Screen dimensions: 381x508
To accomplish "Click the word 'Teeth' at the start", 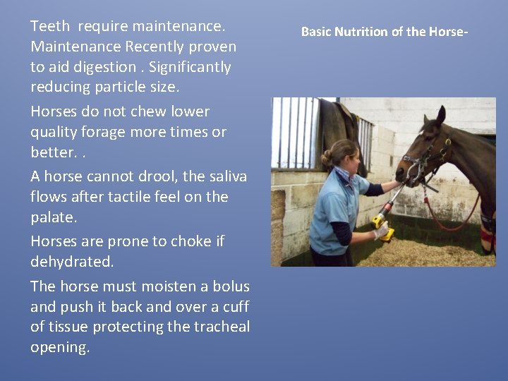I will pyautogui.click(x=50, y=27).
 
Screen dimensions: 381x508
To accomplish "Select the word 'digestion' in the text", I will pyautogui.click(x=102, y=67).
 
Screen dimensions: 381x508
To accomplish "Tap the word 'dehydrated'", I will pyautogui.click(x=71, y=261).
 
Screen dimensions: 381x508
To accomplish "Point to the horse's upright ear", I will pyautogui.click(x=440, y=114).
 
